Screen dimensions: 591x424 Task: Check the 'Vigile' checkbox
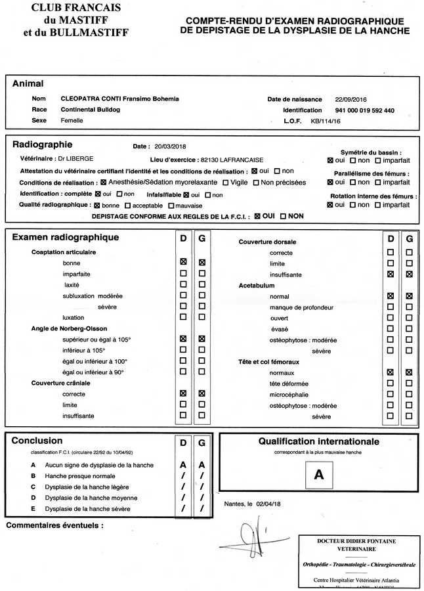click(226, 182)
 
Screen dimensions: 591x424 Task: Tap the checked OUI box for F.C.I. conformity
click(257, 215)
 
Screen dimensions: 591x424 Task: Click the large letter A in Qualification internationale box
click(319, 475)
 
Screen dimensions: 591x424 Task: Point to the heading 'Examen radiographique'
click(66, 238)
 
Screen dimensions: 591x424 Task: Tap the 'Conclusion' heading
click(37, 441)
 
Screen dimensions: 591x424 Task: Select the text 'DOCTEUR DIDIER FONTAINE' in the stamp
click(357, 540)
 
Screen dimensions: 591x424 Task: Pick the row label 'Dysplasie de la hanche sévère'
click(91, 509)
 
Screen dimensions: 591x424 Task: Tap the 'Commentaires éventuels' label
click(54, 525)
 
